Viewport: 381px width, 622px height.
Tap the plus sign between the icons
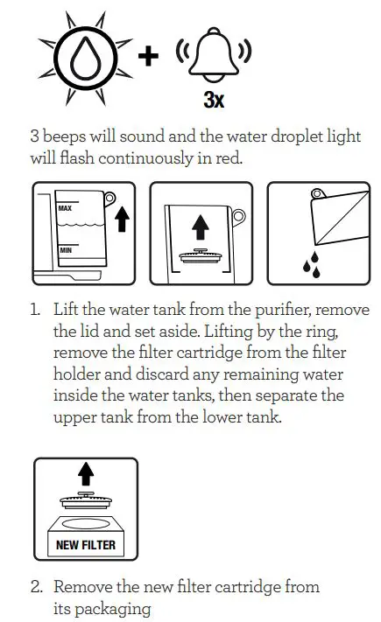149,56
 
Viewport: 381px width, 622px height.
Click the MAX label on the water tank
65,210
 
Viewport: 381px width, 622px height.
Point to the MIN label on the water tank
65,251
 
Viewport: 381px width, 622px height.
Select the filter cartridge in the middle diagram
201,258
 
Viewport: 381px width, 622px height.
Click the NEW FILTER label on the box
84,545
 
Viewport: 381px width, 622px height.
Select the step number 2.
37,587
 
